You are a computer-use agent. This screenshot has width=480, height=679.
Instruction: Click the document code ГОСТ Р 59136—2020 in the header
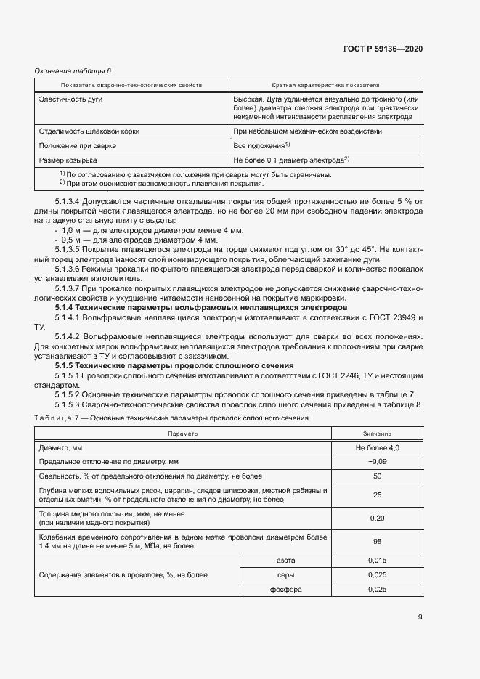(382, 49)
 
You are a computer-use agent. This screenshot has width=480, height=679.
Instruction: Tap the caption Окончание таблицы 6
(73, 70)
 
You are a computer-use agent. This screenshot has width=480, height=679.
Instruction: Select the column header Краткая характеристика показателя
(325, 85)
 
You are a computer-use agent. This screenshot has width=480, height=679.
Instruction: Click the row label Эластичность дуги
(68, 98)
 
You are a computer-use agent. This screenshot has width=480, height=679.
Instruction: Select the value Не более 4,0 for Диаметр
(377, 447)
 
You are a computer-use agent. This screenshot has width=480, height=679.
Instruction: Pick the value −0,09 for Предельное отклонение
(377, 461)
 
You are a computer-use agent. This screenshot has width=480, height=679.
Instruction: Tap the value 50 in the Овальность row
(377, 476)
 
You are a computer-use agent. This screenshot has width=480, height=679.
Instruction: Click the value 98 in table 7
(377, 541)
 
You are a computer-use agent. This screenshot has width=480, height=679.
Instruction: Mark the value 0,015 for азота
(377, 561)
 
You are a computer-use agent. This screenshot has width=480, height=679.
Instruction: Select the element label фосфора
(285, 589)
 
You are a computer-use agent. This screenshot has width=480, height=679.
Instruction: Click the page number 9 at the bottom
(420, 617)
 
